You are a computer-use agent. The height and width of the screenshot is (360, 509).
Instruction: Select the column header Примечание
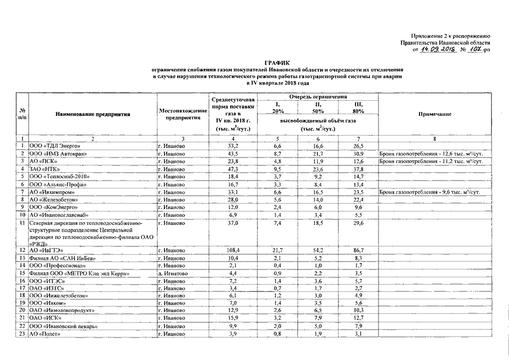point(435,114)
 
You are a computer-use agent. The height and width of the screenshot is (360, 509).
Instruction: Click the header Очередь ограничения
point(318,97)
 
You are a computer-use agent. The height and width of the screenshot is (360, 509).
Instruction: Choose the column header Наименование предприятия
point(93,114)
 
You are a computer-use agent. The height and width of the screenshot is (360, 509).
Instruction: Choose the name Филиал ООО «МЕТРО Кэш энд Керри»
point(80,273)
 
